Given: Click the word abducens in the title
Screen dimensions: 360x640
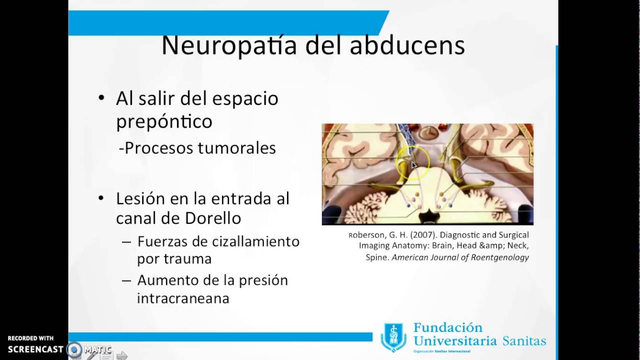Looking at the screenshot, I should click(x=407, y=45).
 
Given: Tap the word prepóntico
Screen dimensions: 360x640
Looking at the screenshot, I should click(x=164, y=121).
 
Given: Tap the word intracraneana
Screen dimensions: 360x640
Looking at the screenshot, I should click(x=183, y=298).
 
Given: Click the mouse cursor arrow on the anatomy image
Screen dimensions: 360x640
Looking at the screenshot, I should click(x=414, y=165).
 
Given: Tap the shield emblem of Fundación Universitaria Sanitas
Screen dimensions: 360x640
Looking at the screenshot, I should click(x=393, y=336).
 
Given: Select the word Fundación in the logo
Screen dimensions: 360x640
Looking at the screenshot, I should click(x=448, y=328).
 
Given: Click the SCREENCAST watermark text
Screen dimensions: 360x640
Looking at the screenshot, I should click(x=35, y=349).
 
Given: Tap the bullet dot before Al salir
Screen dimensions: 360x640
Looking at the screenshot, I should click(x=102, y=98).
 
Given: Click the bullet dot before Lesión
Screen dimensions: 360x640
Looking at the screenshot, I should click(x=102, y=198).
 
